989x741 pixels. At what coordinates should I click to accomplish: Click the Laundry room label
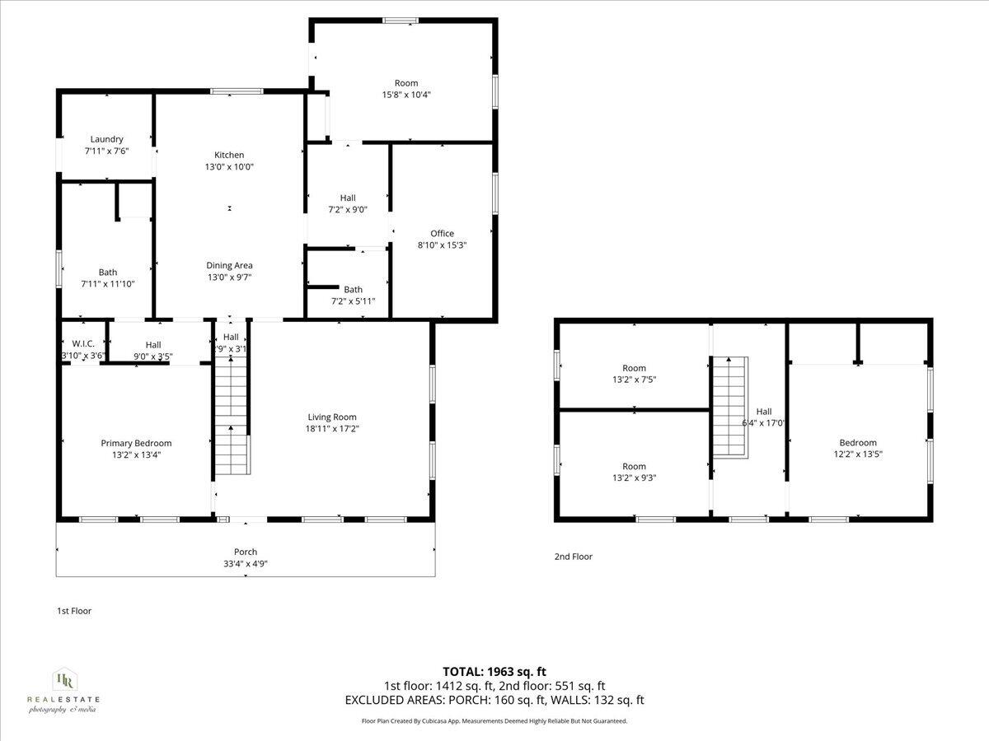107,139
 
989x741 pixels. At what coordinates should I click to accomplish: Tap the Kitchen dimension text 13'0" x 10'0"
229,166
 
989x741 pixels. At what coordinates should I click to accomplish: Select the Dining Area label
229,265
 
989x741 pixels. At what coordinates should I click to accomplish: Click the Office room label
443,233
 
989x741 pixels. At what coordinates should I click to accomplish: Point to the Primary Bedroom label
136,443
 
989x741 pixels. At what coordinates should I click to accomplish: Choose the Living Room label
332,417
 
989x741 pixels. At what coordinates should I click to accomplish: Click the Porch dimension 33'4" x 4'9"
246,564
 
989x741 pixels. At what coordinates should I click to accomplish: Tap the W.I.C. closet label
84,344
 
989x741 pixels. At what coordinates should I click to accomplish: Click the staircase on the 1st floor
232,420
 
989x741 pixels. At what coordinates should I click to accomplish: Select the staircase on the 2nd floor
729,407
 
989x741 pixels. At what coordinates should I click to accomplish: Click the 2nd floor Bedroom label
858,442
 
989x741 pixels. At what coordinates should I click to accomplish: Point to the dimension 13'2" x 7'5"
634,380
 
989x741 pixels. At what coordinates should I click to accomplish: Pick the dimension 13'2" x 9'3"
634,478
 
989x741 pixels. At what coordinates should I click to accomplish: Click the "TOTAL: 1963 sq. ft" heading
494,672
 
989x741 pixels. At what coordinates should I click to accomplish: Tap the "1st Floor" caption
74,611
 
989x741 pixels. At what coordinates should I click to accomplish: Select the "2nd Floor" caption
573,557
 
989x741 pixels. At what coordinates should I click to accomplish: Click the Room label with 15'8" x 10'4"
406,82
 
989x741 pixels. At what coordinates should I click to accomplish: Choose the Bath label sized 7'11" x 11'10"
108,272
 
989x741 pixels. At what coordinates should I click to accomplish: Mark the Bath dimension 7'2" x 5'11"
353,301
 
